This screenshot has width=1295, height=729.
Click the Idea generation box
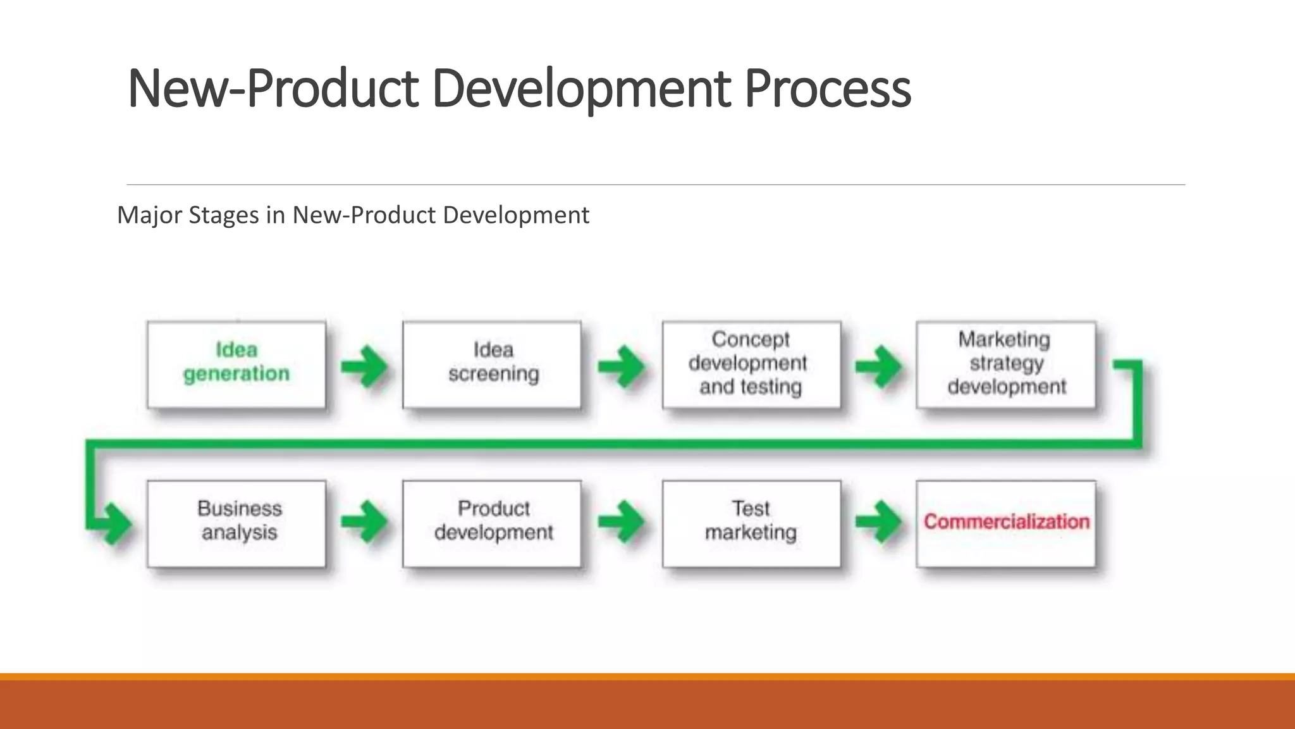click(236, 365)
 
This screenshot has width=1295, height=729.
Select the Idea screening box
click(492, 365)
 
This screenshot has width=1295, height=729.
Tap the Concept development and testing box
click(751, 365)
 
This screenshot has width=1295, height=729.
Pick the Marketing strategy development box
click(1005, 365)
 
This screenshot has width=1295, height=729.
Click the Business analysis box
click(236, 524)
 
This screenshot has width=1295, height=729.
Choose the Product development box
click(492, 524)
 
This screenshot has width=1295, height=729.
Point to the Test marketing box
click(751, 524)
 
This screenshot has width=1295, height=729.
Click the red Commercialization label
click(1006, 521)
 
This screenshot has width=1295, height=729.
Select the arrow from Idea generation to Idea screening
click(365, 366)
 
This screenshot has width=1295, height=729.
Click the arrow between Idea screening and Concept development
click(622, 366)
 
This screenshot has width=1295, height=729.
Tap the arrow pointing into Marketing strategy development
click(878, 366)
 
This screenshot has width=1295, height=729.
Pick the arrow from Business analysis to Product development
click(365, 522)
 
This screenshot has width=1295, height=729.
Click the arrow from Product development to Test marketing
click(622, 522)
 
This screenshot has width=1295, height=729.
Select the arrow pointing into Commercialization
click(878, 522)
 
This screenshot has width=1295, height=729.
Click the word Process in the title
click(827, 89)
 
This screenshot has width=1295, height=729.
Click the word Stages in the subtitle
click(224, 215)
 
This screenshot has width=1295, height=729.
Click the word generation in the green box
click(236, 374)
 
